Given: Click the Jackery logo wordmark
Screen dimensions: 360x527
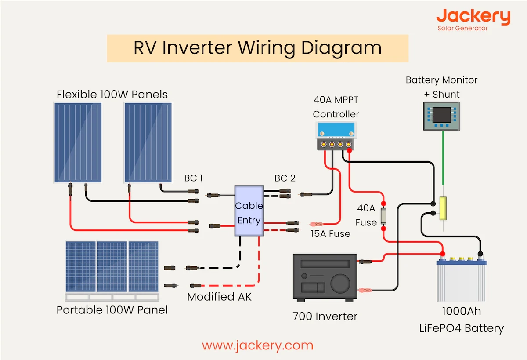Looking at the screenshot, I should point(473,17).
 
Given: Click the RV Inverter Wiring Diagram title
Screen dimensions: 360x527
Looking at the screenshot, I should point(257,48).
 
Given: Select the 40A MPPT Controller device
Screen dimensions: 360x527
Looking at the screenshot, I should point(336,136).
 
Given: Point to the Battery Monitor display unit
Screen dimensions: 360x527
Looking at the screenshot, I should point(441,116).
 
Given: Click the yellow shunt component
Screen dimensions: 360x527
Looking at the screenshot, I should point(443,208).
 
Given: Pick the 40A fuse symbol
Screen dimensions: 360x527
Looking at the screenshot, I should point(383,216).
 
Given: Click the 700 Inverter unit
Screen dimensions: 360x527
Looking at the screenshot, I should point(325,278).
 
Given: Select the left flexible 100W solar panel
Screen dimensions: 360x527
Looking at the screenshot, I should point(78,142).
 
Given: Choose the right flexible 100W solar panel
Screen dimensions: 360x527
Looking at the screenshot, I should point(148,142).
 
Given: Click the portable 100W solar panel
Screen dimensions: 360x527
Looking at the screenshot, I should point(112,267).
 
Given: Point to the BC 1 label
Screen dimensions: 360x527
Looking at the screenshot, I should point(194,178).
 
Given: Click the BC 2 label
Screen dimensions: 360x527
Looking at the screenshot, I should point(285,178).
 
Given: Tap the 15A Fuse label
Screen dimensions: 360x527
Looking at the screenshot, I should point(330,234).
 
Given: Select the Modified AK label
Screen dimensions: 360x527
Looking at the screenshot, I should point(219,297).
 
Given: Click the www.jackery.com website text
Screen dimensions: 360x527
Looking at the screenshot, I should point(258,345).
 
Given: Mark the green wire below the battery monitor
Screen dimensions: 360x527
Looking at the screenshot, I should point(443,163).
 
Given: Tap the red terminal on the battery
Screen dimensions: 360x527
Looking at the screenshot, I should point(443,254).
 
